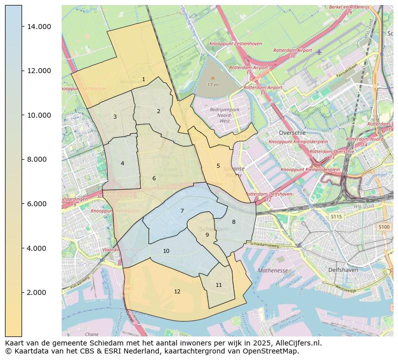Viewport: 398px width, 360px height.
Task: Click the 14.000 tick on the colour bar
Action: (38, 27)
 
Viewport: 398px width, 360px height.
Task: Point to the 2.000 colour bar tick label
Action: (39, 292)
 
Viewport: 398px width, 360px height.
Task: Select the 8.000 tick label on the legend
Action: (39, 159)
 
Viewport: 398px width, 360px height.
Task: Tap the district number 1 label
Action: (143, 79)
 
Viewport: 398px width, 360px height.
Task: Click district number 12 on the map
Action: (177, 291)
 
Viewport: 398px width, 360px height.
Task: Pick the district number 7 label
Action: (182, 211)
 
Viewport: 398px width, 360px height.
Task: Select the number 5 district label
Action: (218, 166)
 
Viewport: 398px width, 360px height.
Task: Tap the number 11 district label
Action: (219, 285)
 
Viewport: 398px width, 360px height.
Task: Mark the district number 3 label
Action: (115, 117)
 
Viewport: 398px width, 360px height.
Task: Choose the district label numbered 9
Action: (207, 235)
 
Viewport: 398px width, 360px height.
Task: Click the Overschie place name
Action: (291, 133)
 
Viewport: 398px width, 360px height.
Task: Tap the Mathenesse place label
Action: (273, 270)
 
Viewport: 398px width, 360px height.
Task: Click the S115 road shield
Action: (336, 217)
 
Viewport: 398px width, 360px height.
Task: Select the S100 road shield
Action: (384, 227)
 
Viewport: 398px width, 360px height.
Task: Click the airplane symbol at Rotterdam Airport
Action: (319, 52)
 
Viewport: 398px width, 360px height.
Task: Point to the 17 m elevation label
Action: (213, 85)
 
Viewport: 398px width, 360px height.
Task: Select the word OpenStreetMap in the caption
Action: (272, 351)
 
